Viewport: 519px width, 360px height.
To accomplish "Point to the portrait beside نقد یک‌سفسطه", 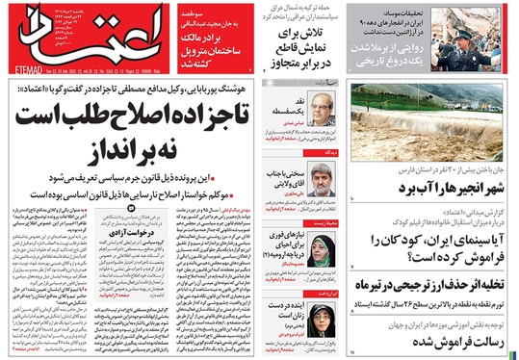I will (327, 112).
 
